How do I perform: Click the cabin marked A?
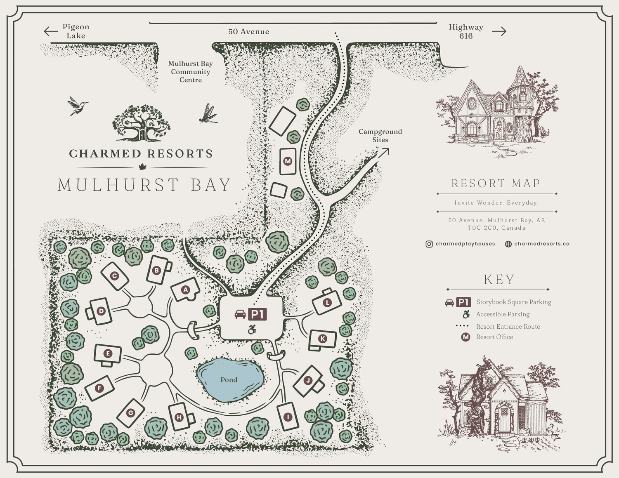(x=185, y=290)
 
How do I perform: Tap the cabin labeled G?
(x=131, y=412)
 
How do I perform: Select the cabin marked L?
(x=327, y=302)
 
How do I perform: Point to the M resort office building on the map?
(x=288, y=161)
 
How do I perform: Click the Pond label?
(x=229, y=380)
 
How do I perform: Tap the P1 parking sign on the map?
(x=257, y=314)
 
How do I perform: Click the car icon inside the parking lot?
(x=240, y=315)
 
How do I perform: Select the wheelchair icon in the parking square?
(x=252, y=330)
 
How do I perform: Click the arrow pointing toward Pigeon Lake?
(x=51, y=31)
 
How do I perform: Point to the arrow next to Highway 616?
(x=499, y=31)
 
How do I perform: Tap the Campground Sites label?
(x=380, y=136)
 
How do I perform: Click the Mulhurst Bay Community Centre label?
(x=190, y=72)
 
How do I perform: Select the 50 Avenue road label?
(x=248, y=32)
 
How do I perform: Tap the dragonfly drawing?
(x=208, y=114)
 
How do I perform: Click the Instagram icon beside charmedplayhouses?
(x=429, y=244)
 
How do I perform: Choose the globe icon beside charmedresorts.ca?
(x=508, y=244)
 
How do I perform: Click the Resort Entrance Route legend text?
(x=508, y=327)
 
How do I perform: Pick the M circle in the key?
(x=465, y=337)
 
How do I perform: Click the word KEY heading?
(x=499, y=280)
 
